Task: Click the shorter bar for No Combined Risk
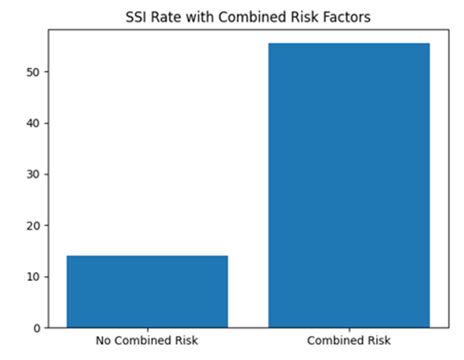point(147,291)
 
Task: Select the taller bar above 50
point(349,186)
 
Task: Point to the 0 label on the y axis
point(37,328)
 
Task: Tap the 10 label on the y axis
point(33,277)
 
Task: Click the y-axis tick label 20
point(33,226)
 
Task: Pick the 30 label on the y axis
point(33,174)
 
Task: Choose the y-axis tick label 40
point(33,123)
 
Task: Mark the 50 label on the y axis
point(33,72)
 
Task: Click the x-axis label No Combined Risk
point(147,340)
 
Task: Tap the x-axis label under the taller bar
point(349,340)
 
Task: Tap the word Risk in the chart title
point(305,17)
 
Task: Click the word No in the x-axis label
point(103,340)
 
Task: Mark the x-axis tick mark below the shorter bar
point(148,330)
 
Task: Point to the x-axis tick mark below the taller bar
point(349,330)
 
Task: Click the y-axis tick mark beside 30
point(46,174)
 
